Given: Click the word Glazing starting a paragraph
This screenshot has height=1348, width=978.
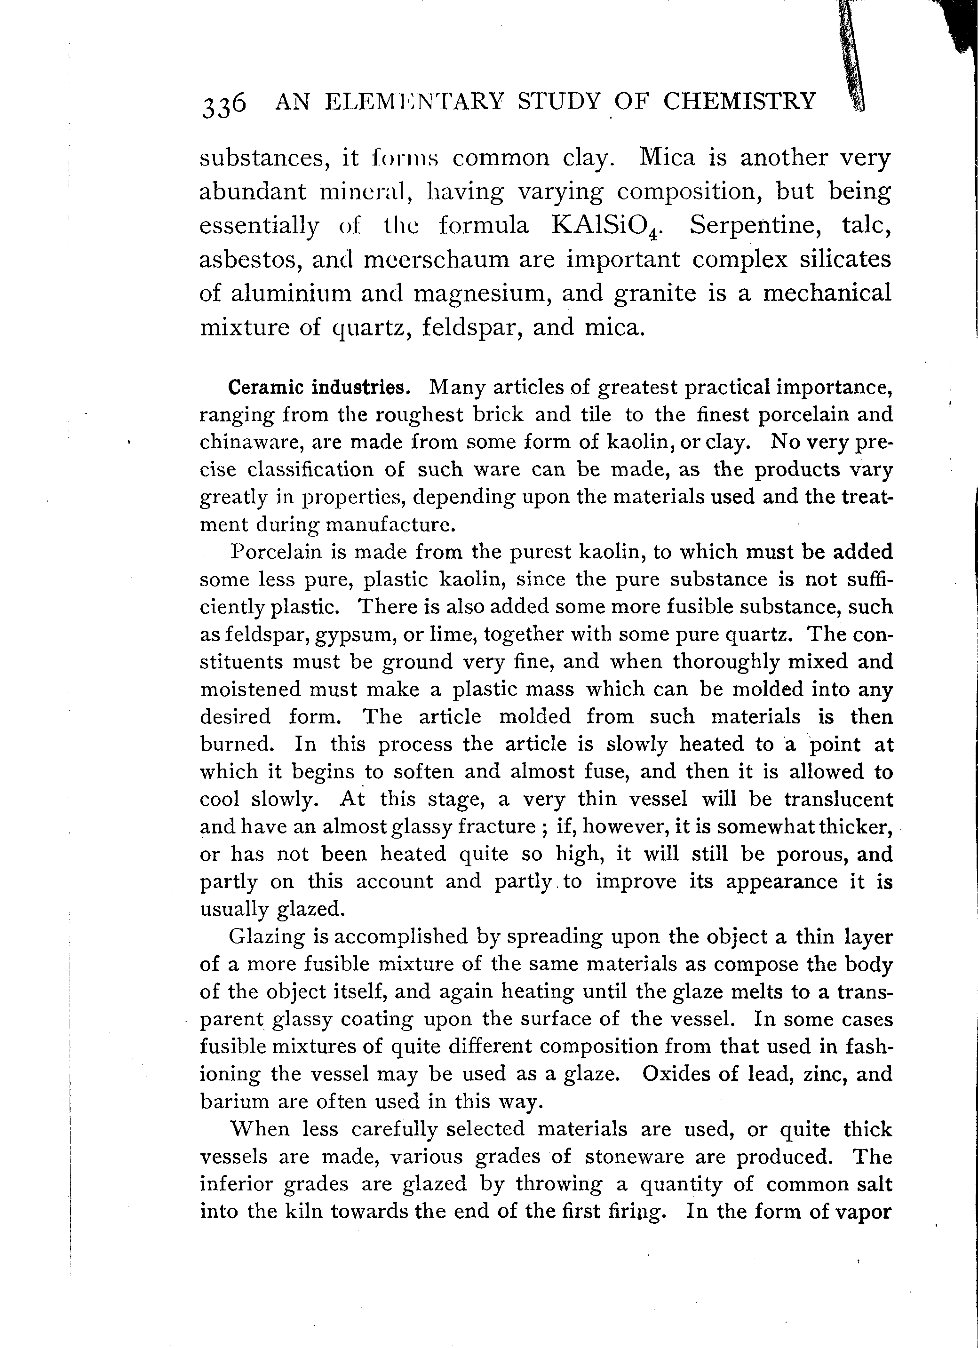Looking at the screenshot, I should [x=266, y=937].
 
